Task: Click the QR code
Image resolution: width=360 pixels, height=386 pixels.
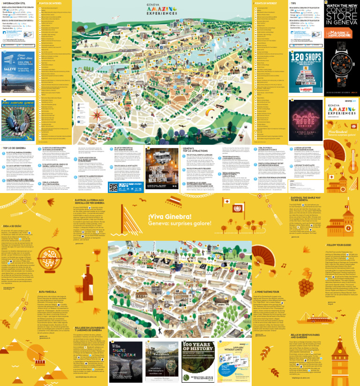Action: [113, 187]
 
